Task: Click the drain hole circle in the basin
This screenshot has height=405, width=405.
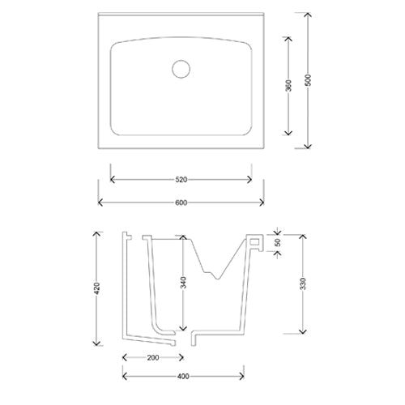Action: pyautogui.click(x=181, y=60)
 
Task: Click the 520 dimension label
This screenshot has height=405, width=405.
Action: pyautogui.click(x=181, y=180)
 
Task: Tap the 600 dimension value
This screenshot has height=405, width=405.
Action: pyautogui.click(x=181, y=202)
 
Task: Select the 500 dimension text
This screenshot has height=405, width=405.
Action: pyautogui.click(x=308, y=80)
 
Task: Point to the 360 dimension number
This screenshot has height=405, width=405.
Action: pyautogui.click(x=288, y=86)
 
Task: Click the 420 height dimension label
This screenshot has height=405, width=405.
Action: pyautogui.click(x=96, y=288)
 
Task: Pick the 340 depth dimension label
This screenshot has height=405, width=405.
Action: pyautogui.click(x=183, y=283)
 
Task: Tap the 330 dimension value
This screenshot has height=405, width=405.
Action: pyautogui.click(x=303, y=283)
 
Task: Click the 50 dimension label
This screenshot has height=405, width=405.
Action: pyautogui.click(x=278, y=242)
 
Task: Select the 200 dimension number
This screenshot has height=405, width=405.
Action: pyautogui.click(x=153, y=358)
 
